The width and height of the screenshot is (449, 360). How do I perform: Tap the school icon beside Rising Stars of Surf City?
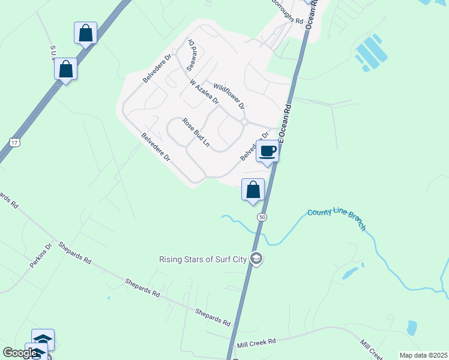256,259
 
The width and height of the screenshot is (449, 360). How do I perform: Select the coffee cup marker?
268,151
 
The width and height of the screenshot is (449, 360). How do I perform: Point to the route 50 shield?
262,217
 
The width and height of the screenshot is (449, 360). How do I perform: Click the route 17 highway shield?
14,142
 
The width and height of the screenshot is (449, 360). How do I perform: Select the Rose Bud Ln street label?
196,133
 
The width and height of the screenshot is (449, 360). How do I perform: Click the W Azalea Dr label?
203,91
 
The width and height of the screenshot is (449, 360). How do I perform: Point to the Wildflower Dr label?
225,97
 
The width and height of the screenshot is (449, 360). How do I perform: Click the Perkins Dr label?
41,256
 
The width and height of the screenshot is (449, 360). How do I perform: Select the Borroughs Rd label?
286,12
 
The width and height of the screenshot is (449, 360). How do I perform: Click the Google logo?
20,353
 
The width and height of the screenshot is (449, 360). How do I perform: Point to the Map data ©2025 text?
423,355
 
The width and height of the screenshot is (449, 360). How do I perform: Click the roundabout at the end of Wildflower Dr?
244,122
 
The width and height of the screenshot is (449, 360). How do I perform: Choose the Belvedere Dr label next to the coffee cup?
254,147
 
